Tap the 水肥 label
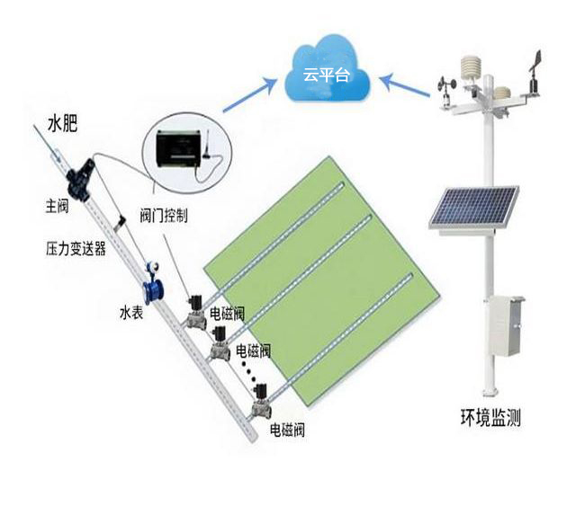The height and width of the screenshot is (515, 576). click(64, 125)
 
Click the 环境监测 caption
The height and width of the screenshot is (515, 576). click(490, 417)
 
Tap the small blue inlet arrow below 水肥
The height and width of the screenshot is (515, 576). click(53, 154)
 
